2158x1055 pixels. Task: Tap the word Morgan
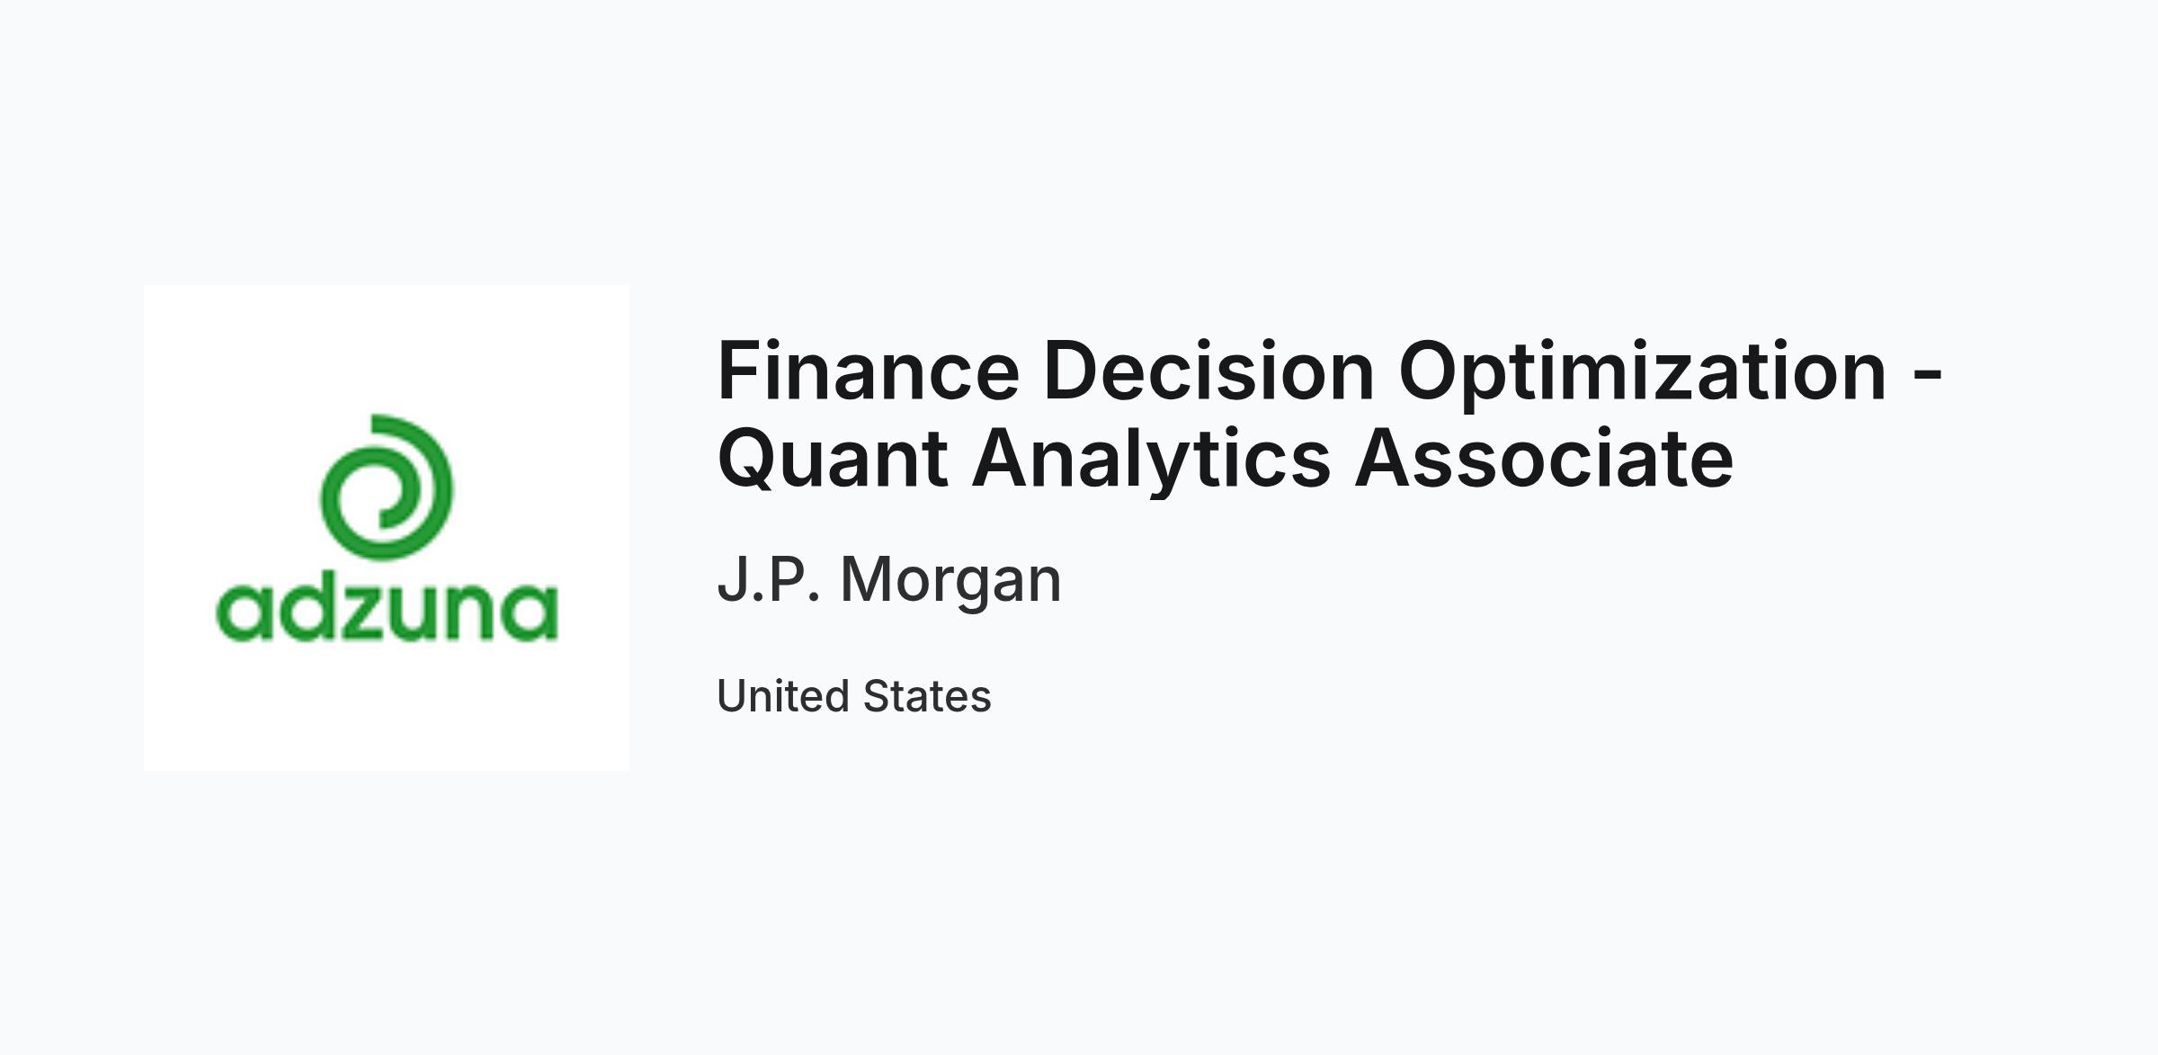pos(950,584)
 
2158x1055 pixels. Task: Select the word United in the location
pos(784,696)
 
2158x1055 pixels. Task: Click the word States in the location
pos(927,696)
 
